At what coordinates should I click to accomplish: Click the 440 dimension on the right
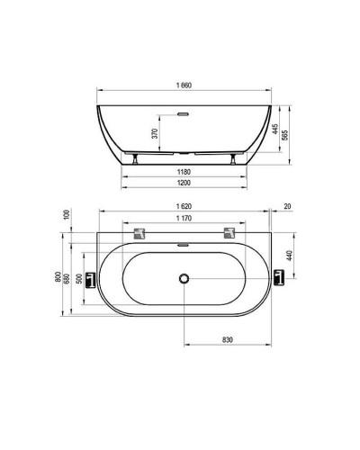coord(289,255)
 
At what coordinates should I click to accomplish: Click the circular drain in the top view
coord(184,279)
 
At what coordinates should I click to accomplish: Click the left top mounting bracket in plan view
coord(139,235)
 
